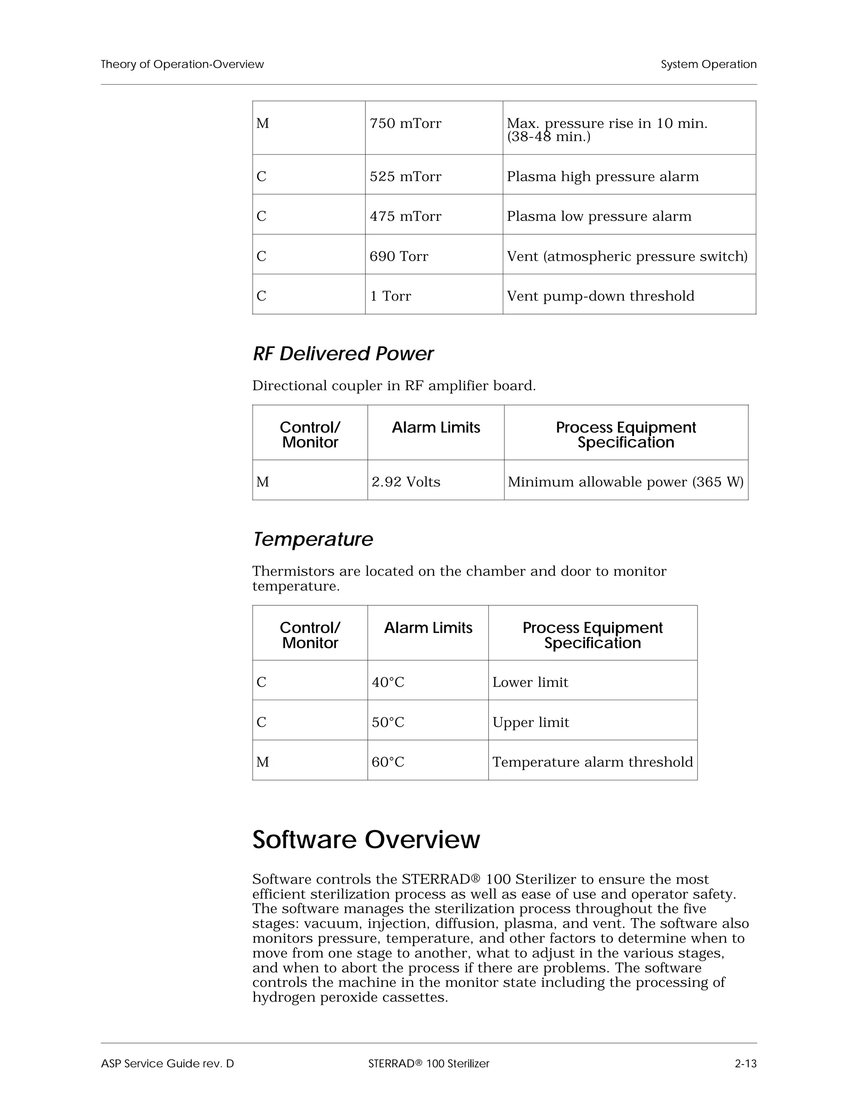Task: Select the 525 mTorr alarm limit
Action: [x=406, y=177]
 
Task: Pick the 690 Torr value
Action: [x=399, y=257]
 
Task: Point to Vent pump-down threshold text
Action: [x=600, y=296]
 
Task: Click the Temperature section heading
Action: [x=313, y=539]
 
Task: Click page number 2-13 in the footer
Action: [x=746, y=1064]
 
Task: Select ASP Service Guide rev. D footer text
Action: [x=167, y=1064]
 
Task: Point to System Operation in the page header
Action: [x=708, y=65]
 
